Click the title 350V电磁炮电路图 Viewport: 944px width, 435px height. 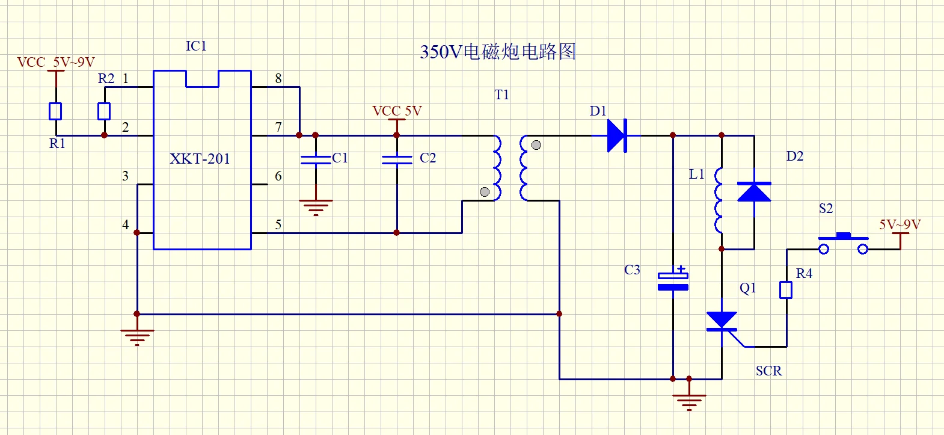[x=497, y=52]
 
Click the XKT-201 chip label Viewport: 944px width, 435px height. [x=200, y=159]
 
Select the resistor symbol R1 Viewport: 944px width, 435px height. [x=55, y=111]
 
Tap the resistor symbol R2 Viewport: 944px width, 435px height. [x=104, y=111]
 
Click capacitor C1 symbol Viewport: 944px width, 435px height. [x=316, y=159]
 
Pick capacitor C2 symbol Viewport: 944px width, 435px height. [x=397, y=159]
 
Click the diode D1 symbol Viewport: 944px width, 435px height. [x=618, y=135]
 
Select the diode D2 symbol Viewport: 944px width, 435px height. [x=754, y=192]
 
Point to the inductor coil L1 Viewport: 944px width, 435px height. [x=719, y=200]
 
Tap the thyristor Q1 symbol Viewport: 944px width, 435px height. [x=722, y=322]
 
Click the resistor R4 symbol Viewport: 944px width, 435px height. [x=786, y=290]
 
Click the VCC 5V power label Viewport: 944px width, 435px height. [x=397, y=111]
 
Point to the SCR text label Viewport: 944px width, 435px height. [x=769, y=371]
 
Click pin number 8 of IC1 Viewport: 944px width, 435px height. [x=278, y=78]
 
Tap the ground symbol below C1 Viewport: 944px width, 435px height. [x=316, y=207]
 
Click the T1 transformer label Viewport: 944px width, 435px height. [x=501, y=95]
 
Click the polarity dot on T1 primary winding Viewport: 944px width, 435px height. [x=485, y=192]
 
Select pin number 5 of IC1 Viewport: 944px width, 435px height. [x=278, y=224]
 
